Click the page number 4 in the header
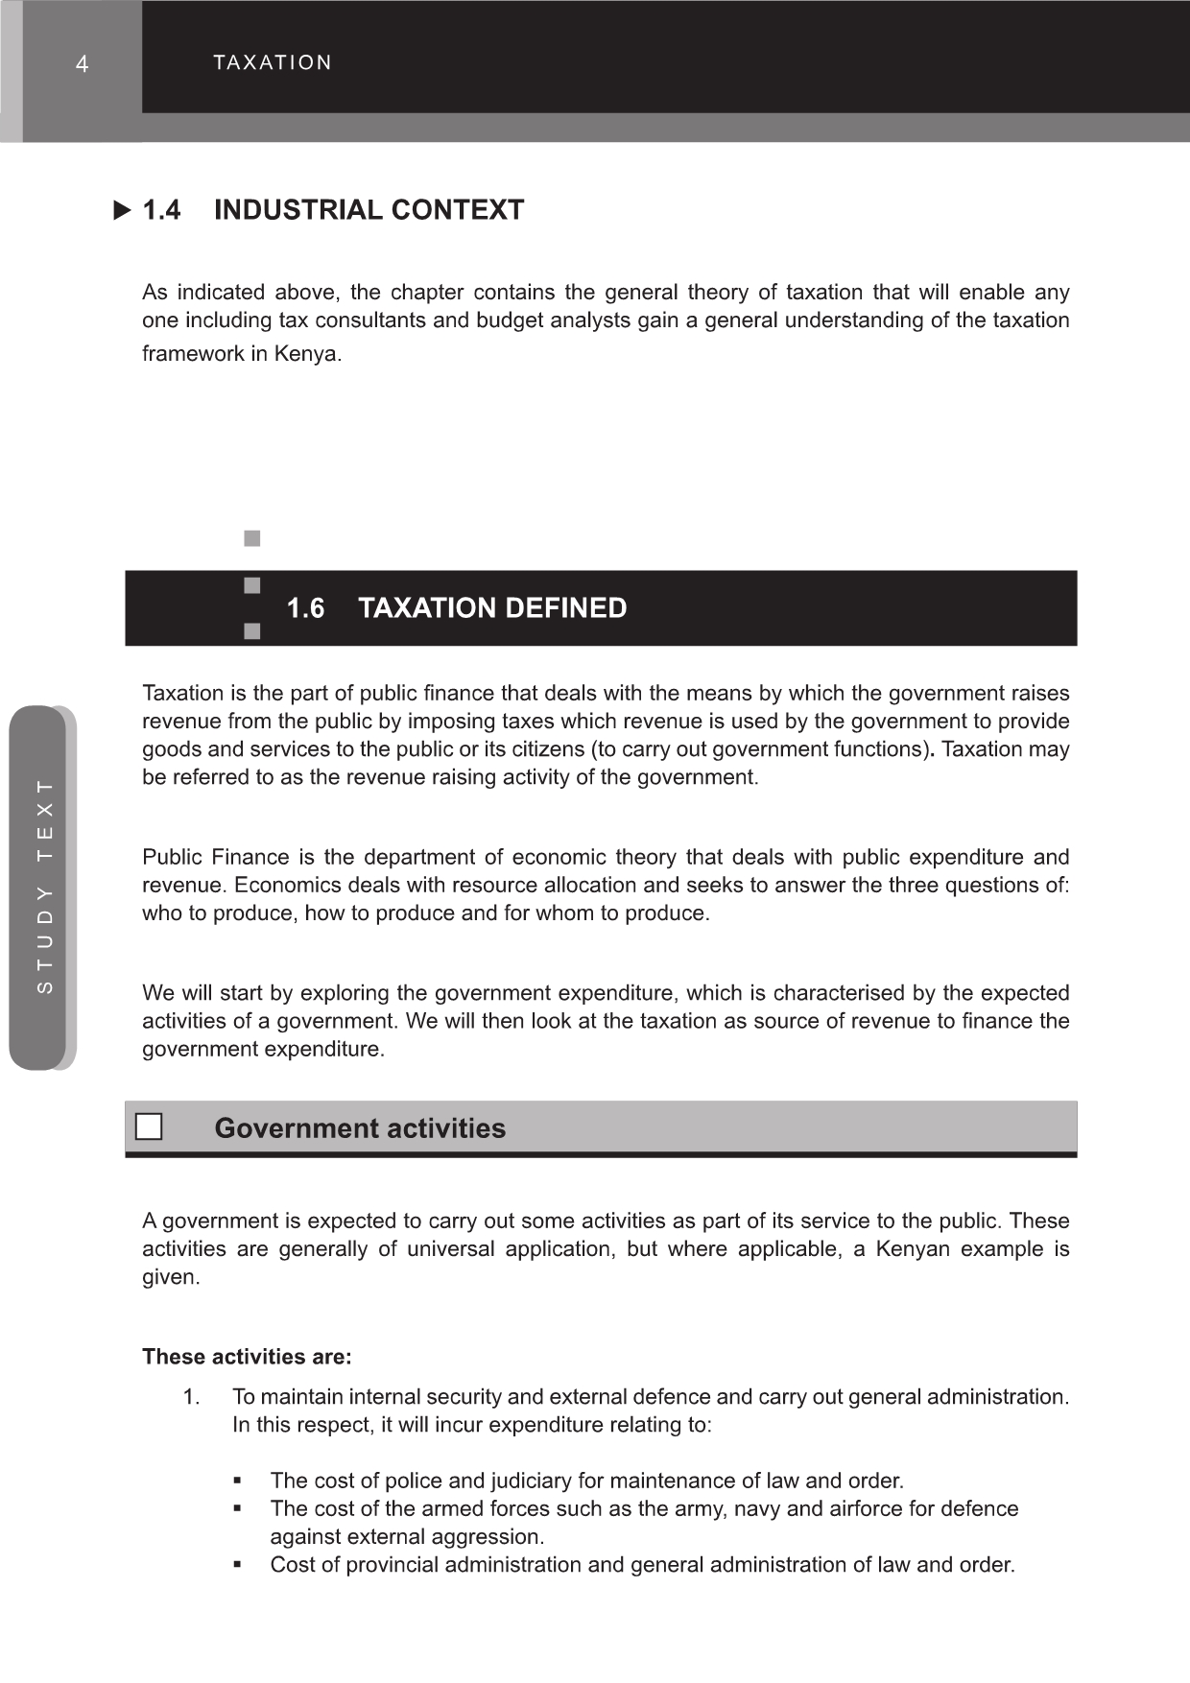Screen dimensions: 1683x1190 pyautogui.click(x=83, y=64)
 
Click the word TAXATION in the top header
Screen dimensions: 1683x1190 pyautogui.click(x=273, y=63)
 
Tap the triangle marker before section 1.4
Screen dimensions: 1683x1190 pyautogui.click(x=122, y=210)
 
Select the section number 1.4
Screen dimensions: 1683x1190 pyautogui.click(x=161, y=210)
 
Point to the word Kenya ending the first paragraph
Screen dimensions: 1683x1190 pyautogui.click(x=306, y=354)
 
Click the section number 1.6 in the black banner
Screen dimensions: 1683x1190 pyautogui.click(x=305, y=608)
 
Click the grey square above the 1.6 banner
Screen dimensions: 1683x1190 pyautogui.click(x=252, y=539)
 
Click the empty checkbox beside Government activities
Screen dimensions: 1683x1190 pyautogui.click(x=149, y=1126)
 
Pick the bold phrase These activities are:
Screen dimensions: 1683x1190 pyautogui.click(x=247, y=1357)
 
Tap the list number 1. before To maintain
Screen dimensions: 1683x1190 pyautogui.click(x=192, y=1397)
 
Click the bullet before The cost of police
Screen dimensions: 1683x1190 pyautogui.click(x=237, y=1481)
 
